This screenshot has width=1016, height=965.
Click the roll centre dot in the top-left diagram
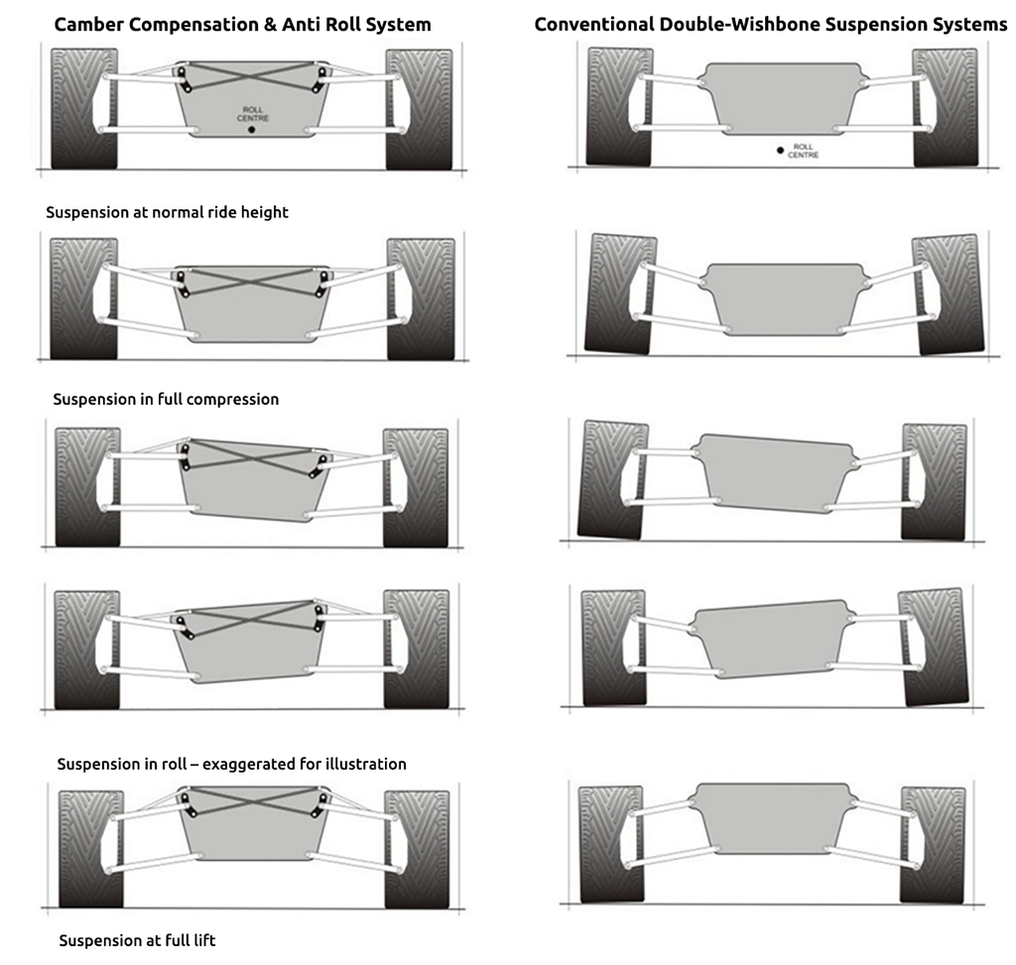coord(252,130)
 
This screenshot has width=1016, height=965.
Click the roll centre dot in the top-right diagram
coord(781,150)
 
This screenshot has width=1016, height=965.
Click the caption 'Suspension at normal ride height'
coord(167,212)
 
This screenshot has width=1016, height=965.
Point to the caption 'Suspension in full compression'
coord(166,399)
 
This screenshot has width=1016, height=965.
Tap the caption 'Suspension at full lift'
coord(137,940)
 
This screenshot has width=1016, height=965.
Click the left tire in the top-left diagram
coord(83,107)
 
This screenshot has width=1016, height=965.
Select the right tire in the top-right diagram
coord(945,106)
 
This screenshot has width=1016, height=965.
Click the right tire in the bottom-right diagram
coord(933,845)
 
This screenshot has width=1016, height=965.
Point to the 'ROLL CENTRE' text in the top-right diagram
coord(804,151)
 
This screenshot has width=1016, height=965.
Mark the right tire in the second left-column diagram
coord(421,299)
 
